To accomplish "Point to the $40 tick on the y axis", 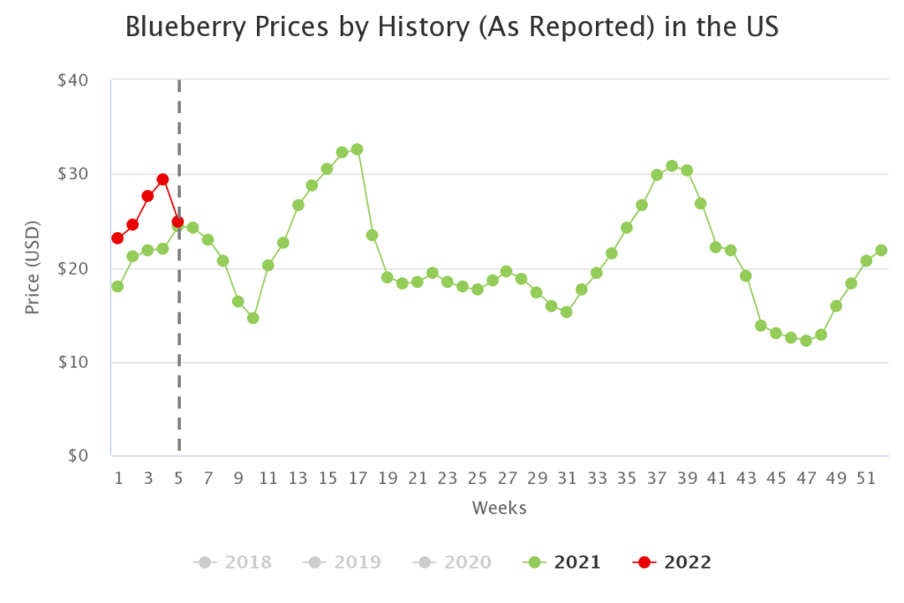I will pos(72,80).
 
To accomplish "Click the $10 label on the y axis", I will pos(72,362).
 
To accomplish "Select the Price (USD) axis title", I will pos(33,268).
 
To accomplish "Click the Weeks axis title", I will pos(499,508).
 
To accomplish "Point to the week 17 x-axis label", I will pos(357,479).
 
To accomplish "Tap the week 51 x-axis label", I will pos(866,479).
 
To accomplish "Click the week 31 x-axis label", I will pos(567,479).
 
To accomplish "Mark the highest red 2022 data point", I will pos(162,179).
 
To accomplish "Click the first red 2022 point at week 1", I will pos(117,238).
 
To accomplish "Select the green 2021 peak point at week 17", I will pos(357,149).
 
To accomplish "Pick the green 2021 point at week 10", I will pos(252,318).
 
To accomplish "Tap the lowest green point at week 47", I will pos(806,341).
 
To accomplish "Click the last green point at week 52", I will pos(881,250).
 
